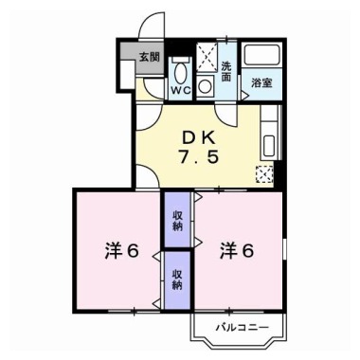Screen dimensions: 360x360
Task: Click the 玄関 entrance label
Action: (x=150, y=57)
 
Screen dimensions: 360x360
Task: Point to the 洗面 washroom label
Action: (x=227, y=71)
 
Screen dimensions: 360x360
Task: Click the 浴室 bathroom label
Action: (x=261, y=84)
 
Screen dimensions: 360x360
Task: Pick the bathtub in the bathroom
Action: (x=261, y=59)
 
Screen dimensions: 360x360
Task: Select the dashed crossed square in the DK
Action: (x=264, y=173)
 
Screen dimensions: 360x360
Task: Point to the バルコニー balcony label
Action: (x=243, y=327)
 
